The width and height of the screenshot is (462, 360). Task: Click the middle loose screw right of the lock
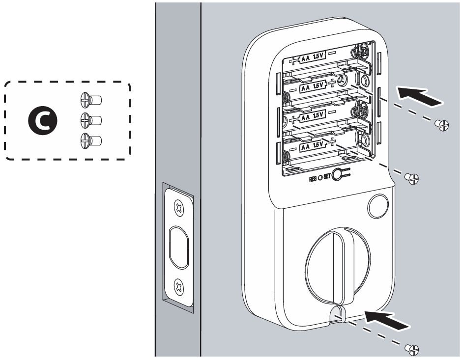412,179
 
